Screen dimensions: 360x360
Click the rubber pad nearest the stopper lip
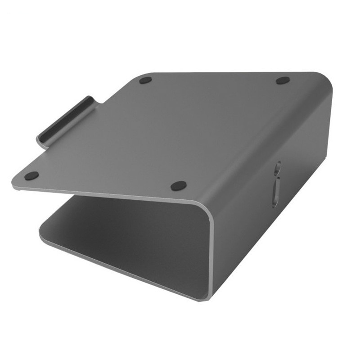(x=31, y=175)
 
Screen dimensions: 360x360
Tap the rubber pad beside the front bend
(x=179, y=185)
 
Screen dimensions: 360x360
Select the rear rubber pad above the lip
(x=145, y=81)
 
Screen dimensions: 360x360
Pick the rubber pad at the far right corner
(x=283, y=81)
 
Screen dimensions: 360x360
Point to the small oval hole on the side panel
(x=278, y=167)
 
